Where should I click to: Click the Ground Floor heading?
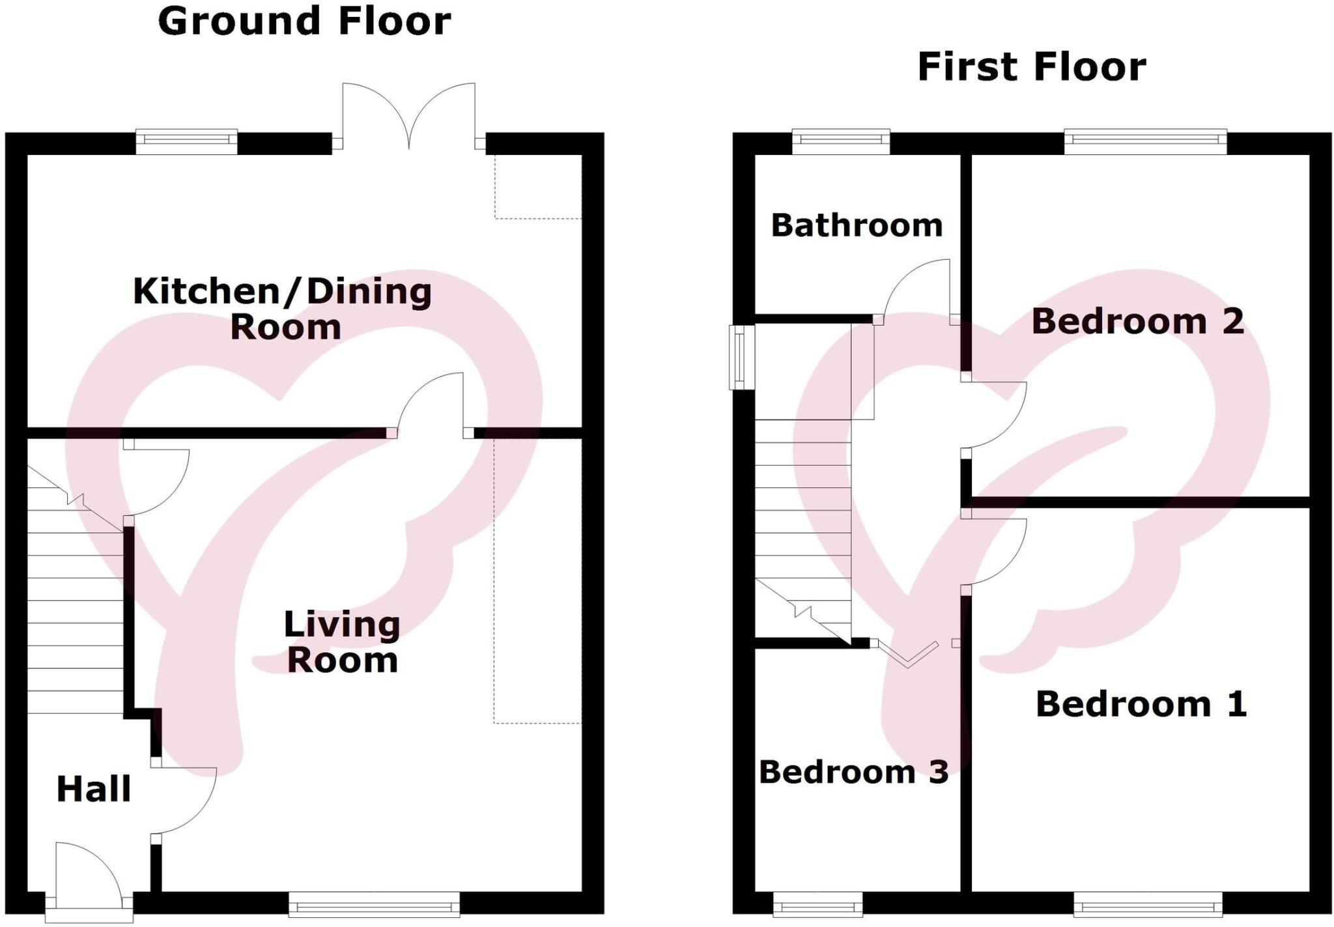(x=304, y=21)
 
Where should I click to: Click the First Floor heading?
(x=1032, y=67)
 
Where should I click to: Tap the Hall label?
(x=94, y=789)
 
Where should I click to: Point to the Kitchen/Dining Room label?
(x=283, y=308)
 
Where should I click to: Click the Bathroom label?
(x=857, y=225)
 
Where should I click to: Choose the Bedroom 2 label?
(x=1137, y=321)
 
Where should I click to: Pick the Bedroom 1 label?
(x=1141, y=704)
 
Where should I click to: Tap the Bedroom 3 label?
(x=853, y=772)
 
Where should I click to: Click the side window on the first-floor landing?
(x=740, y=357)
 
